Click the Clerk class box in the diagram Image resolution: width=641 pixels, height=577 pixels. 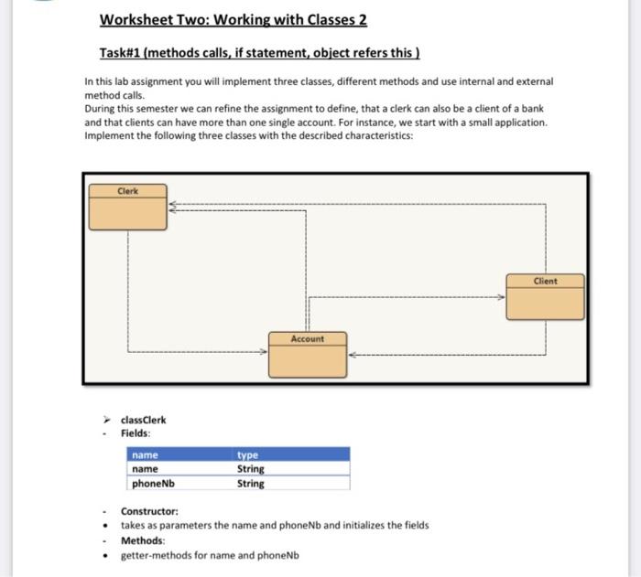126,208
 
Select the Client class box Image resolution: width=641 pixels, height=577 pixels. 544,296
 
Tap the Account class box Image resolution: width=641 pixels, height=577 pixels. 307,355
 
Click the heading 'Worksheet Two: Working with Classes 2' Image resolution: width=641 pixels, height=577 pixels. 233,20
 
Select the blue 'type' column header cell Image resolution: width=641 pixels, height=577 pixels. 291,454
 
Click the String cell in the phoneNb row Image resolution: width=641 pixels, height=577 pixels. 251,484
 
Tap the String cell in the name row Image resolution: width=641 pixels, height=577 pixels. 251,469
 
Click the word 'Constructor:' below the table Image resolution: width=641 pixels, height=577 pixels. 150,511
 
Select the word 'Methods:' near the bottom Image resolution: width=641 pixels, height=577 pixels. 143,540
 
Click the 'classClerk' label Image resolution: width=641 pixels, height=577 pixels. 144,421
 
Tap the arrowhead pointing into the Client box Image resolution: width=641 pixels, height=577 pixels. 501,297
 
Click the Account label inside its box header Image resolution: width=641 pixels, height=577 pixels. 307,338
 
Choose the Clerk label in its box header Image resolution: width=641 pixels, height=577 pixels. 127,191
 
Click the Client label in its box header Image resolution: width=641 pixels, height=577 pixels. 544,281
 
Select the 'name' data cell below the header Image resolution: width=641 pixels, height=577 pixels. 147,469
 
